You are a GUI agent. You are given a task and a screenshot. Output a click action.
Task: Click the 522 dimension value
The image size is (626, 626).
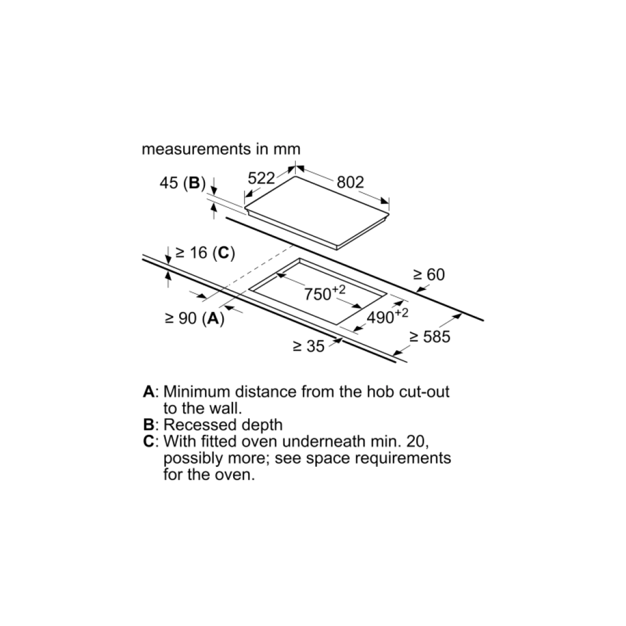pos(261,179)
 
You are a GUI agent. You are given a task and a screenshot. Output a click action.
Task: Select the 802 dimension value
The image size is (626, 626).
pos(350,182)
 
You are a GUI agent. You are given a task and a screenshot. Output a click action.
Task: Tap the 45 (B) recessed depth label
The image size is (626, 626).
pos(181,183)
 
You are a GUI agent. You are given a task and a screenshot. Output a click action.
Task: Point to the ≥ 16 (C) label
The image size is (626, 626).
pos(204,253)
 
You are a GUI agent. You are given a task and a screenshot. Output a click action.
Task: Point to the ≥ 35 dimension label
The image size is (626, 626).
pos(308,346)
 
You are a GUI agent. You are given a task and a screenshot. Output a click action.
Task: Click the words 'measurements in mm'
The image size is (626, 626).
pos(221,150)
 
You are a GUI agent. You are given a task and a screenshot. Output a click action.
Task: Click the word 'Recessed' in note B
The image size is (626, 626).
pos(199,426)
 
